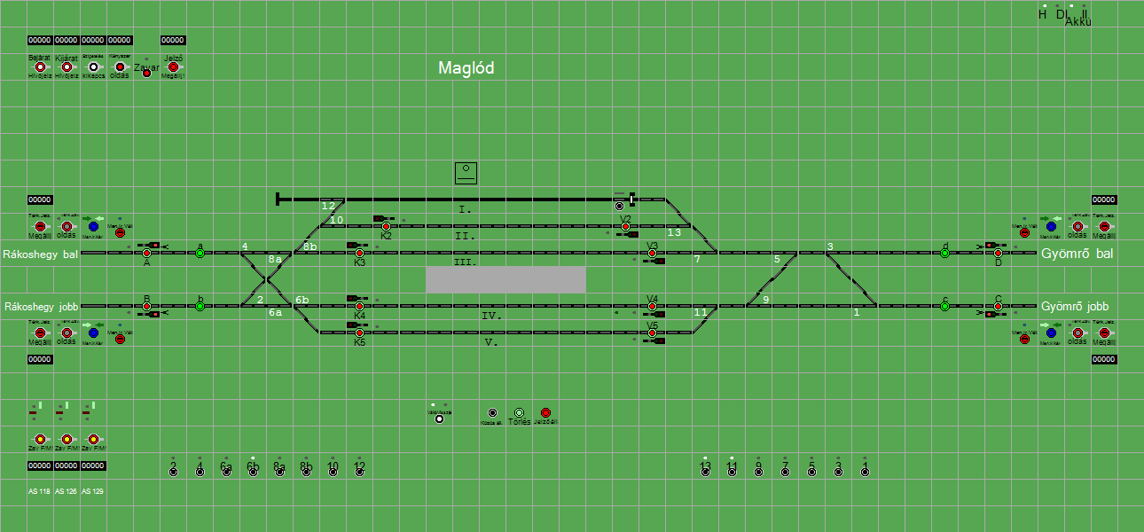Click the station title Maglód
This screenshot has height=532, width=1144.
pos(466,68)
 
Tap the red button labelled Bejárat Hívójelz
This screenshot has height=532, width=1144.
pos(40,67)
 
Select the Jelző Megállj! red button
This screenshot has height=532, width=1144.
pos(173,67)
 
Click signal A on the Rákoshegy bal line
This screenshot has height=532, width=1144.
pos(146,254)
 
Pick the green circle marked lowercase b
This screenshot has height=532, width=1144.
pos(200,307)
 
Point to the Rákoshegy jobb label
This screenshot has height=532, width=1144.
pos(41,307)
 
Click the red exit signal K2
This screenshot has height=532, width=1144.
pos(386,227)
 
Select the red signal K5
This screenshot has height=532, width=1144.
pos(359,333)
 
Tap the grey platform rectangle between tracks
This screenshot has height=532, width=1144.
pos(505,279)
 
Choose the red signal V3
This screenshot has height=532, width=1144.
pos(652,254)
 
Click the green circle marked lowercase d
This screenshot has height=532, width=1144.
pos(944,254)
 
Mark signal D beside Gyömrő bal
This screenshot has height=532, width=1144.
pos(998,254)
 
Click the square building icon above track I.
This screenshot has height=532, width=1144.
pos(466,173)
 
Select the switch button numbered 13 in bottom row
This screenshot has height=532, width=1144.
pos(705,472)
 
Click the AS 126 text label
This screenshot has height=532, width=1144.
pos(66,491)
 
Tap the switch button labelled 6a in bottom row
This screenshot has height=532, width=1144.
pos(226,472)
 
